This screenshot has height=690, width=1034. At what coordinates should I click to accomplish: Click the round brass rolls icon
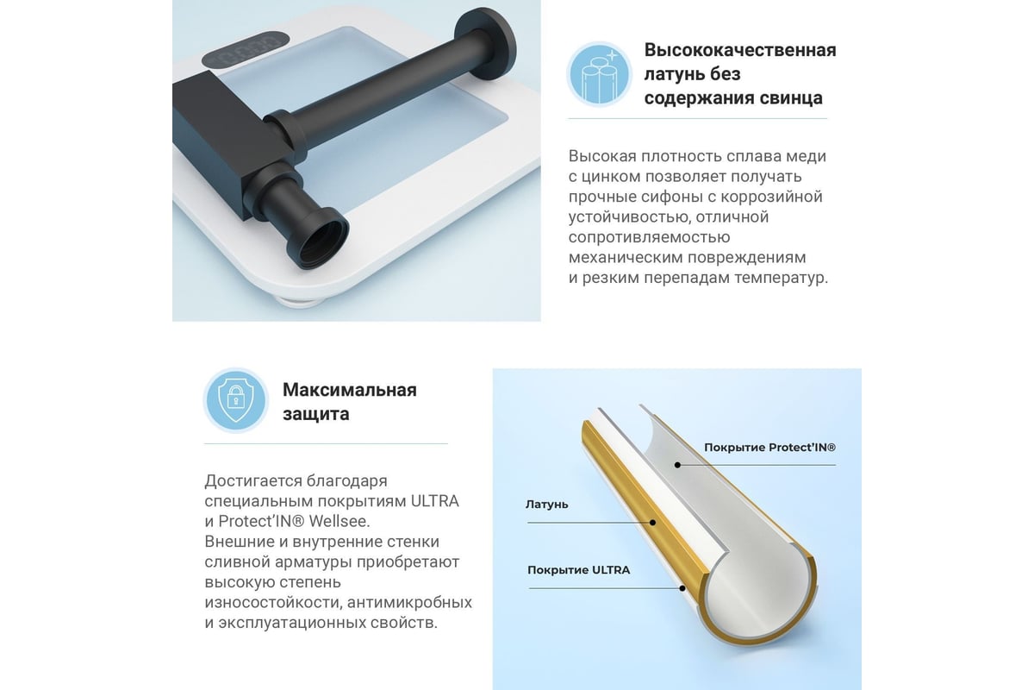599,74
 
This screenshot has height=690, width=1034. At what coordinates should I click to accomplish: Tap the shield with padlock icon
236,400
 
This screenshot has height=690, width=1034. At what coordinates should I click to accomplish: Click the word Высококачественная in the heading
740,50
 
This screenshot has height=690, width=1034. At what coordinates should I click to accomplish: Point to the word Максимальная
350,390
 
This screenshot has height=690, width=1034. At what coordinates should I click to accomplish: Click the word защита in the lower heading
316,414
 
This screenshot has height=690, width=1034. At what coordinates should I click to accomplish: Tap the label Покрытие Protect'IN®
769,448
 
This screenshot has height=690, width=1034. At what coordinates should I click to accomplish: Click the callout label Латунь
546,505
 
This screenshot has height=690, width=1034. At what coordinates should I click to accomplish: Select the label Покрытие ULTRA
579,570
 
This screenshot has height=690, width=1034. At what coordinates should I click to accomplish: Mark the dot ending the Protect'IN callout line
677,465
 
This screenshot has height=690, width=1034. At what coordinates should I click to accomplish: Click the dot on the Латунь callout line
653,523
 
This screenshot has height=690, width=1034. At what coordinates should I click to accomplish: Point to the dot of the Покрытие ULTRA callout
682,588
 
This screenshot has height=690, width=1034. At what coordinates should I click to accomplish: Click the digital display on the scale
246,48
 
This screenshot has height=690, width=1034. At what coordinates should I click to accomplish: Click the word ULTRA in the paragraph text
435,501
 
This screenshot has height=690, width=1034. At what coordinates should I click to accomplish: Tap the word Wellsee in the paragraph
339,521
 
